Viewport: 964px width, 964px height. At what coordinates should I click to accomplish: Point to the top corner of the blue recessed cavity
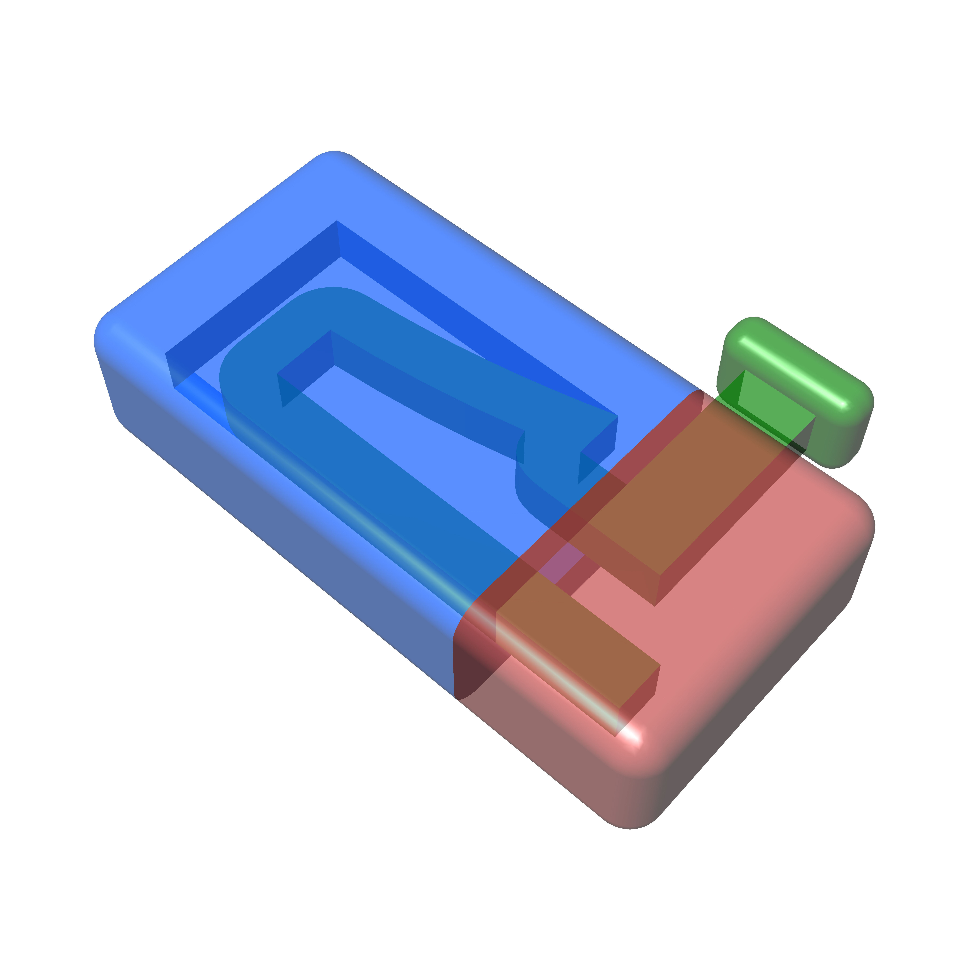tap(337, 225)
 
